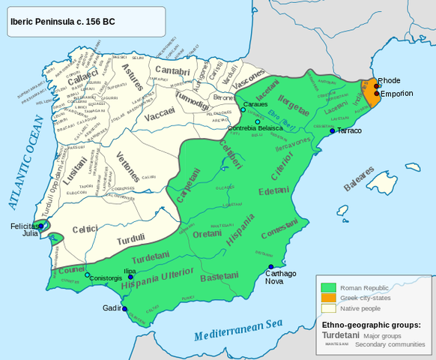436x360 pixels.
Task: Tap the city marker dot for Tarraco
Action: point(333,131)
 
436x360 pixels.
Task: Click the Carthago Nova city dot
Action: point(271,266)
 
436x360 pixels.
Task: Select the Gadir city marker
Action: point(124,309)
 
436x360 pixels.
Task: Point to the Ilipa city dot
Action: point(130,277)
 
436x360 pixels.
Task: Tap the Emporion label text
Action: point(396,94)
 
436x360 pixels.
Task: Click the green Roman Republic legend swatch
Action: point(327,287)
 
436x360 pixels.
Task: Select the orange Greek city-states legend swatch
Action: point(327,298)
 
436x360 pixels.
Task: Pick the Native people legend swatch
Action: point(327,308)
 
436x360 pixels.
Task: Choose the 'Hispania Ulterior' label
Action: point(155,278)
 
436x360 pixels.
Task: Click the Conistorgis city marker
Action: point(88,276)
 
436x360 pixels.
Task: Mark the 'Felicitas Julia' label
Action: point(24,229)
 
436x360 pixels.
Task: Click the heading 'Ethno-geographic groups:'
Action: point(371,324)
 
